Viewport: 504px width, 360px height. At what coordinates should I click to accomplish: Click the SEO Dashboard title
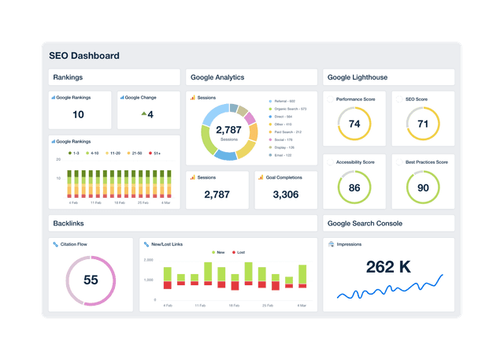click(84, 56)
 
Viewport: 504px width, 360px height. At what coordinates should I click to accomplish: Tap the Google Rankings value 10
click(78, 115)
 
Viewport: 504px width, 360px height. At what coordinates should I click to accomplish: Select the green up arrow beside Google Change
click(143, 114)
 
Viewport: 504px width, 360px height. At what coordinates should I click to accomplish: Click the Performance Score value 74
click(354, 124)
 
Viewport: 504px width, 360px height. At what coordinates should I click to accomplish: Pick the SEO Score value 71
click(422, 124)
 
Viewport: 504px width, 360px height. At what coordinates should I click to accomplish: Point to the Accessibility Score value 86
click(354, 187)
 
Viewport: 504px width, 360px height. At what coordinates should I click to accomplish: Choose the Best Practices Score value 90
click(423, 187)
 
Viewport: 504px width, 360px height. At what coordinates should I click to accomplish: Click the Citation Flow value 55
click(91, 280)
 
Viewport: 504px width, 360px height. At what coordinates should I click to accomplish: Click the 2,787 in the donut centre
click(228, 129)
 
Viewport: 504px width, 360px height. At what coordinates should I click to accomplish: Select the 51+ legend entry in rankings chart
click(156, 153)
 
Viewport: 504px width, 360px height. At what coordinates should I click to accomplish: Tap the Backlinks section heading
click(69, 224)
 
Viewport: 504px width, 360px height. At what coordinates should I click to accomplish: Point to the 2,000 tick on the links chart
click(148, 260)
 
